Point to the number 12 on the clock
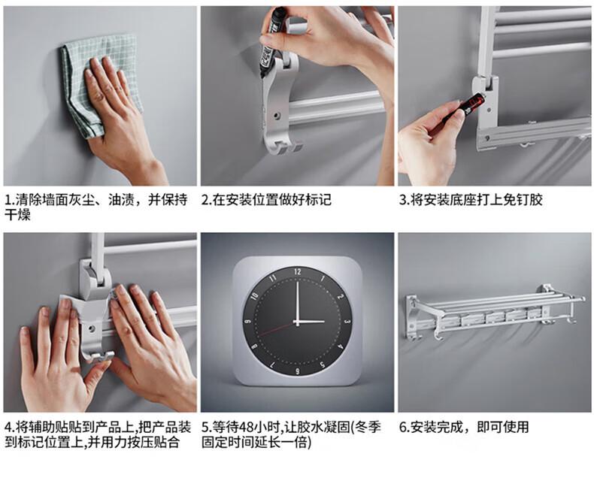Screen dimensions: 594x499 (298, 271)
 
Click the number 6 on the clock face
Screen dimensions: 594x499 (298, 371)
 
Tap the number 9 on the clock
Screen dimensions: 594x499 (248, 322)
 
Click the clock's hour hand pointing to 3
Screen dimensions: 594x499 (311, 322)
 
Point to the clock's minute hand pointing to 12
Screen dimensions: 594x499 (298, 302)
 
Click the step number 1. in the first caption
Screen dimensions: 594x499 (10, 199)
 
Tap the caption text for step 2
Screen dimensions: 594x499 (266, 199)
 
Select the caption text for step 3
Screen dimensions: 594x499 (471, 199)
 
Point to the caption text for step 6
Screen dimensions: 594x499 (464, 427)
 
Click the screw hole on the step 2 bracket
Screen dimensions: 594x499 (277, 113)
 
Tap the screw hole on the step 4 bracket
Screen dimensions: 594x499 (91, 327)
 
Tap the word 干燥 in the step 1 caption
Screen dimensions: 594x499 (17, 215)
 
